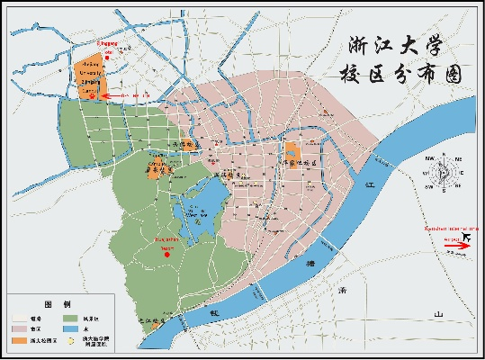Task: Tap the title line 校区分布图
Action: point(397,76)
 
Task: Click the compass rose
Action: point(441,171)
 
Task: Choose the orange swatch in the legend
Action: point(18,342)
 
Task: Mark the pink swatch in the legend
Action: point(18,330)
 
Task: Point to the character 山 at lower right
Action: point(438,313)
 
